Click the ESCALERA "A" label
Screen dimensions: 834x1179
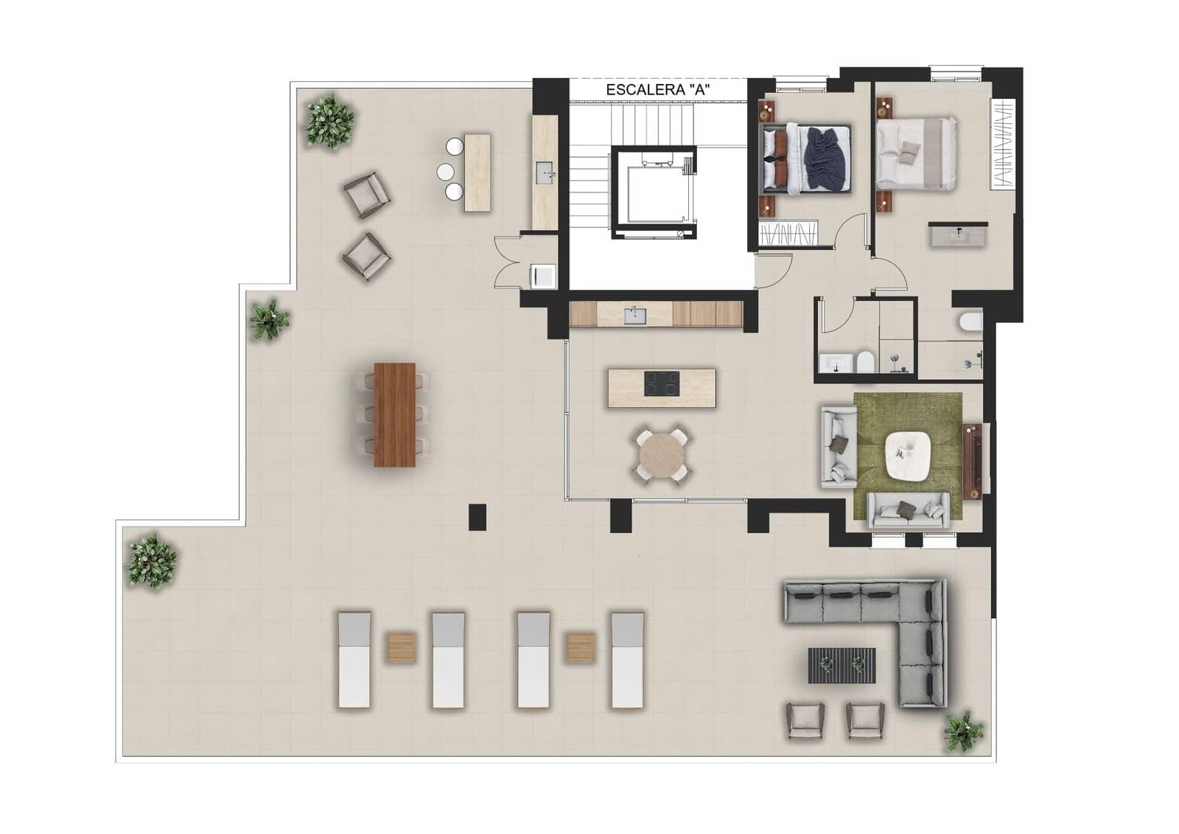pyautogui.click(x=657, y=89)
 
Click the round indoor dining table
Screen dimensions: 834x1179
pyautogui.click(x=662, y=458)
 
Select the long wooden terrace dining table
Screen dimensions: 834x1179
pyautogui.click(x=395, y=414)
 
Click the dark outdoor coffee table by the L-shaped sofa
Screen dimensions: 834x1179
pyautogui.click(x=842, y=665)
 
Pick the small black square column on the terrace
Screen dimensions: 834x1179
pyautogui.click(x=477, y=516)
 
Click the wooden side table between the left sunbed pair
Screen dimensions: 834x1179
pyautogui.click(x=402, y=647)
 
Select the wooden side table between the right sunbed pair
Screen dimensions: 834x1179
pyautogui.click(x=581, y=647)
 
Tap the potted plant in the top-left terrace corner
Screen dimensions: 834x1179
pyautogui.click(x=329, y=121)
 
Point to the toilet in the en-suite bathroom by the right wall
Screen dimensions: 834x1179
pyautogui.click(x=970, y=323)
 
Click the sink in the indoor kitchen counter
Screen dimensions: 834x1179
pyautogui.click(x=634, y=315)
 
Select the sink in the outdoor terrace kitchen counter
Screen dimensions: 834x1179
pyautogui.click(x=545, y=173)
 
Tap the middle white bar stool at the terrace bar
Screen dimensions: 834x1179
pyautogui.click(x=446, y=172)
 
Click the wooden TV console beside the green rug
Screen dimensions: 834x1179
pyautogui.click(x=973, y=460)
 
